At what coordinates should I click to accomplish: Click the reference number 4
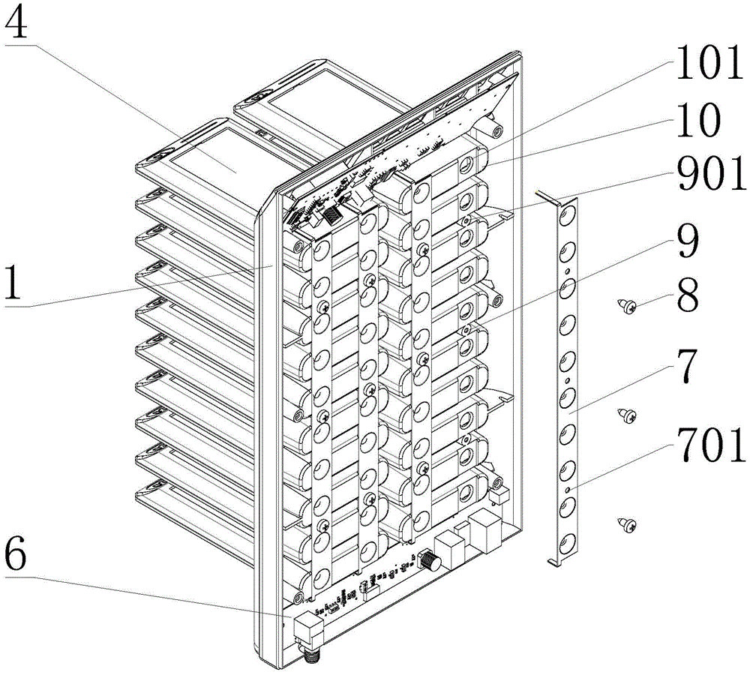click(x=16, y=21)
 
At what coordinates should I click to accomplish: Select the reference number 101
click(x=708, y=64)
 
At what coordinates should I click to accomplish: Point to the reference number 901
click(x=711, y=174)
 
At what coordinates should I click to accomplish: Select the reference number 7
click(x=687, y=366)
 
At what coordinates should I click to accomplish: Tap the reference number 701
click(x=711, y=445)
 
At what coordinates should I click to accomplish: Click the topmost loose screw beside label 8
click(x=627, y=306)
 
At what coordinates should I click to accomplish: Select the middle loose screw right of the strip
click(x=627, y=415)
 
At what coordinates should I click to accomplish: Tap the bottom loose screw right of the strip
click(x=627, y=526)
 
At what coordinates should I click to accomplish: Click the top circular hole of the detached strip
click(x=569, y=213)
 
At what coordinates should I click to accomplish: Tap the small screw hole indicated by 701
click(x=567, y=490)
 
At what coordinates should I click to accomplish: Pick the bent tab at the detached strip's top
click(x=546, y=196)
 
